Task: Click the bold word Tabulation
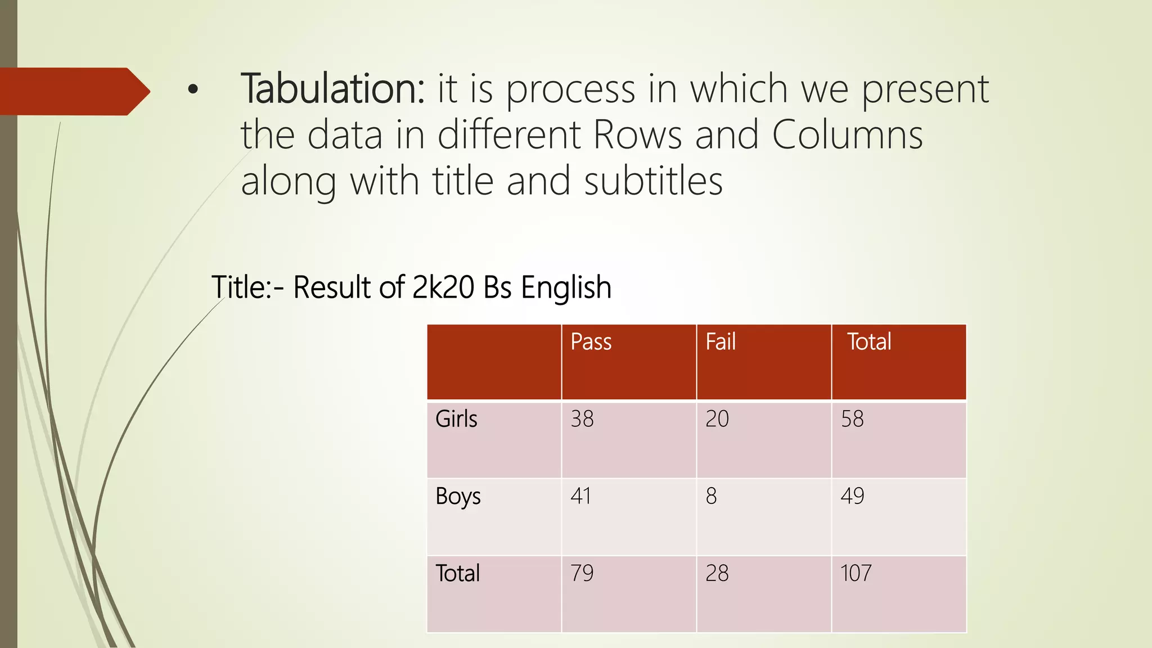332,89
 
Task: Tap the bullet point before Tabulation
193,89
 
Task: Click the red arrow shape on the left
73,91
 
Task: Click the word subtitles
653,181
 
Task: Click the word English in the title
566,288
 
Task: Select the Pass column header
591,342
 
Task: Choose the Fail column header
721,342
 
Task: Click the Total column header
869,342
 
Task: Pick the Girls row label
456,419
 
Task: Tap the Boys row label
458,497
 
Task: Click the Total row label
458,574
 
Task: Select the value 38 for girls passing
582,419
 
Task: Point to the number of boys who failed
712,496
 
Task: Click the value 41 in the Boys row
581,496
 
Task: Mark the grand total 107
856,574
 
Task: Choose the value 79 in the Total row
582,574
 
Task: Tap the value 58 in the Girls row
852,419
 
